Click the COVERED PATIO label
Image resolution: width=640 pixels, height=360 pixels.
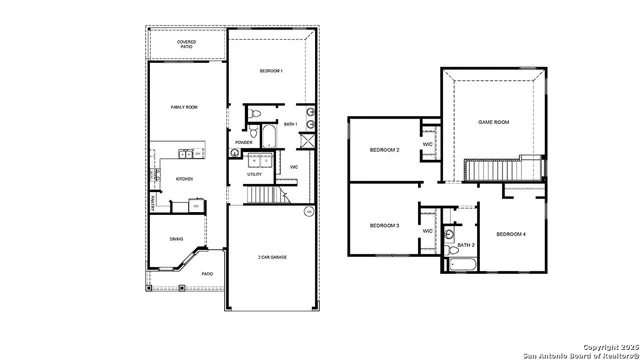tap(186, 44)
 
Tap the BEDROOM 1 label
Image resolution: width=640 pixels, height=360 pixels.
tap(271, 71)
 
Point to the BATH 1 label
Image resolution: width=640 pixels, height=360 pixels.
tap(290, 124)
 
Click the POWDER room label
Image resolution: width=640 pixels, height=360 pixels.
tap(243, 143)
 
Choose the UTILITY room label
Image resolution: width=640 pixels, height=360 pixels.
tap(255, 175)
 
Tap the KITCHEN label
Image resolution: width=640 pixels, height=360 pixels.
tap(184, 179)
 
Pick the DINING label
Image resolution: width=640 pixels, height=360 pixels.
tap(176, 239)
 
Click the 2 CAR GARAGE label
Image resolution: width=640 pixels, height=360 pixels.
tap(271, 258)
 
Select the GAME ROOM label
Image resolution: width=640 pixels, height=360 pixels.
tap(494, 122)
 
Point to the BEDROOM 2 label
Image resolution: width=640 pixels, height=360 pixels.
tap(384, 150)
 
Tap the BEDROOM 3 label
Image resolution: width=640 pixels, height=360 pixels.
tap(384, 226)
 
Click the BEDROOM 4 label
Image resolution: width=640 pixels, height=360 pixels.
tap(511, 234)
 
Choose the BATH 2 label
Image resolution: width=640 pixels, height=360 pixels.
tap(466, 245)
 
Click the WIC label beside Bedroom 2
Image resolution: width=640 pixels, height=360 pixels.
tap(427, 145)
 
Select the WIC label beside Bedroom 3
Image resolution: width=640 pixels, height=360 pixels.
tap(427, 231)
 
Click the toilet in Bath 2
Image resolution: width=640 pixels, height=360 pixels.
tap(449, 234)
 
